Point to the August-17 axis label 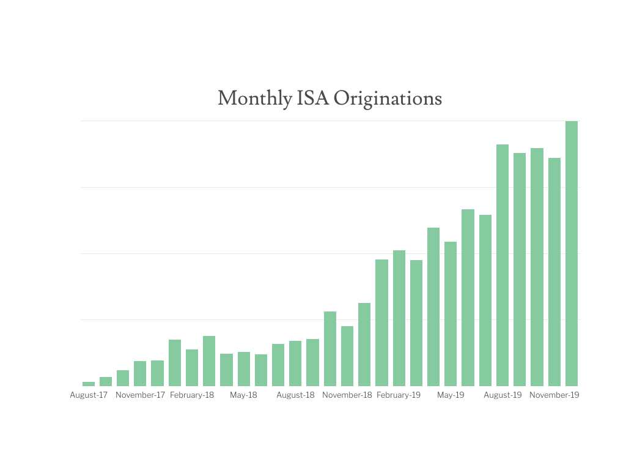[89, 395]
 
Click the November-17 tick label [140, 395]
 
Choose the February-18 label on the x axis [192, 395]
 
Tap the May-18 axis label [243, 395]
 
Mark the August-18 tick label [295, 395]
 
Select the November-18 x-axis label [347, 395]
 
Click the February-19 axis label [399, 395]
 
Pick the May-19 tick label [451, 395]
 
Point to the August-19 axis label [503, 395]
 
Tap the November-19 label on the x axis [554, 395]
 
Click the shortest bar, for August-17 [89, 384]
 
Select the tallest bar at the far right [572, 253]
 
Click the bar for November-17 [140, 373]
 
